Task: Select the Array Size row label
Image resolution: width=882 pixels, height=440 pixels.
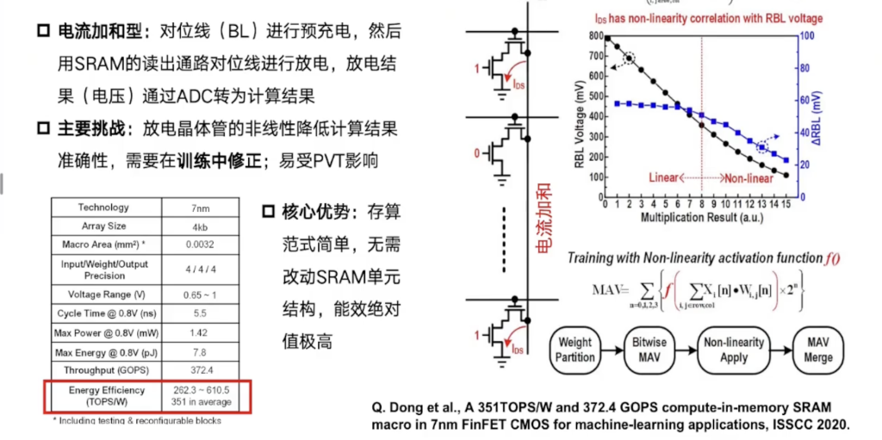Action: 103,226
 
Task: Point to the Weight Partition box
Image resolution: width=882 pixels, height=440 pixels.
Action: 575,350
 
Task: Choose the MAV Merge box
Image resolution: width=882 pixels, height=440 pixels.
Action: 812,350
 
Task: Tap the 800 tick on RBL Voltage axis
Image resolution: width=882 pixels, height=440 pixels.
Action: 593,36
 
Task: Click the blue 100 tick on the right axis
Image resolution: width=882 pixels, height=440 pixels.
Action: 807,36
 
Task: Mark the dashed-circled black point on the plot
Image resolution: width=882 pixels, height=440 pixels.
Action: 630,59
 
